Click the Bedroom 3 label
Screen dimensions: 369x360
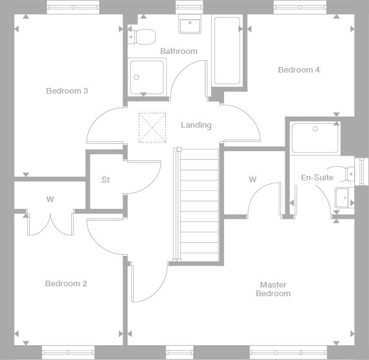67,91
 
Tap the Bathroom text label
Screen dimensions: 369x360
179,51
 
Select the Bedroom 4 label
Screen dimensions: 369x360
299,69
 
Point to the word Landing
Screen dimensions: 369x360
196,125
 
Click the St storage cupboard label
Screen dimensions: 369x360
106,180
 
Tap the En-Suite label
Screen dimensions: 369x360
317,178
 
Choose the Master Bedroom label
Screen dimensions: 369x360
273,289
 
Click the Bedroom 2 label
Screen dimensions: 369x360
66,284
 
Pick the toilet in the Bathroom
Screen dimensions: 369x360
142,37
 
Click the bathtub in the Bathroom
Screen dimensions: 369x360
227,51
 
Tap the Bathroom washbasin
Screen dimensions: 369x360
190,24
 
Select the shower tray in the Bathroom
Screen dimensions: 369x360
147,77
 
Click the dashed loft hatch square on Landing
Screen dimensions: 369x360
152,128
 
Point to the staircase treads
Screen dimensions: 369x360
199,205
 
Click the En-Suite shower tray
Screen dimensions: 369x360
315,138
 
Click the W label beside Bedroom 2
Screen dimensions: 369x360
50,199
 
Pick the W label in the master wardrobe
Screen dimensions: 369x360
253,180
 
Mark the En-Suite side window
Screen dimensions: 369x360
362,171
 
